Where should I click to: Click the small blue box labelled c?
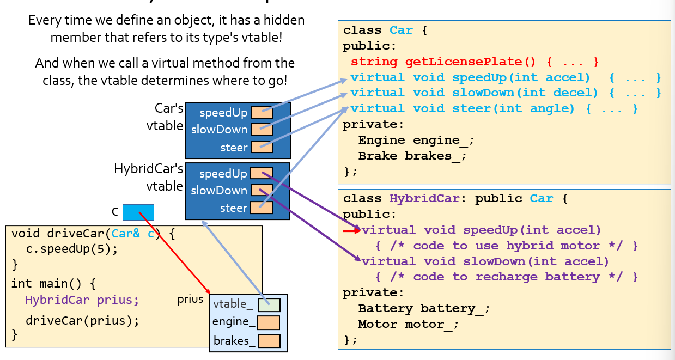point(138,212)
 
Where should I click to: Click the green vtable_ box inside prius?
point(269,305)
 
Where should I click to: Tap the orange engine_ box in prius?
point(269,323)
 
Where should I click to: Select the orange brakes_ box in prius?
point(269,341)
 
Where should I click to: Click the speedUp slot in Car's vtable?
point(262,113)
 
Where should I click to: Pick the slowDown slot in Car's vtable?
point(262,130)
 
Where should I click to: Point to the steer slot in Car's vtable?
point(262,147)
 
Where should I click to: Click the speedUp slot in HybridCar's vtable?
point(262,174)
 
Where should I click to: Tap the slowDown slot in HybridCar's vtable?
point(262,191)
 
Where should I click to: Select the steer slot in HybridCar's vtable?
point(262,208)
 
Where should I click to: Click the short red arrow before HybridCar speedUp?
point(351,230)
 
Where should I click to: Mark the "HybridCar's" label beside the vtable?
point(148,169)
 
